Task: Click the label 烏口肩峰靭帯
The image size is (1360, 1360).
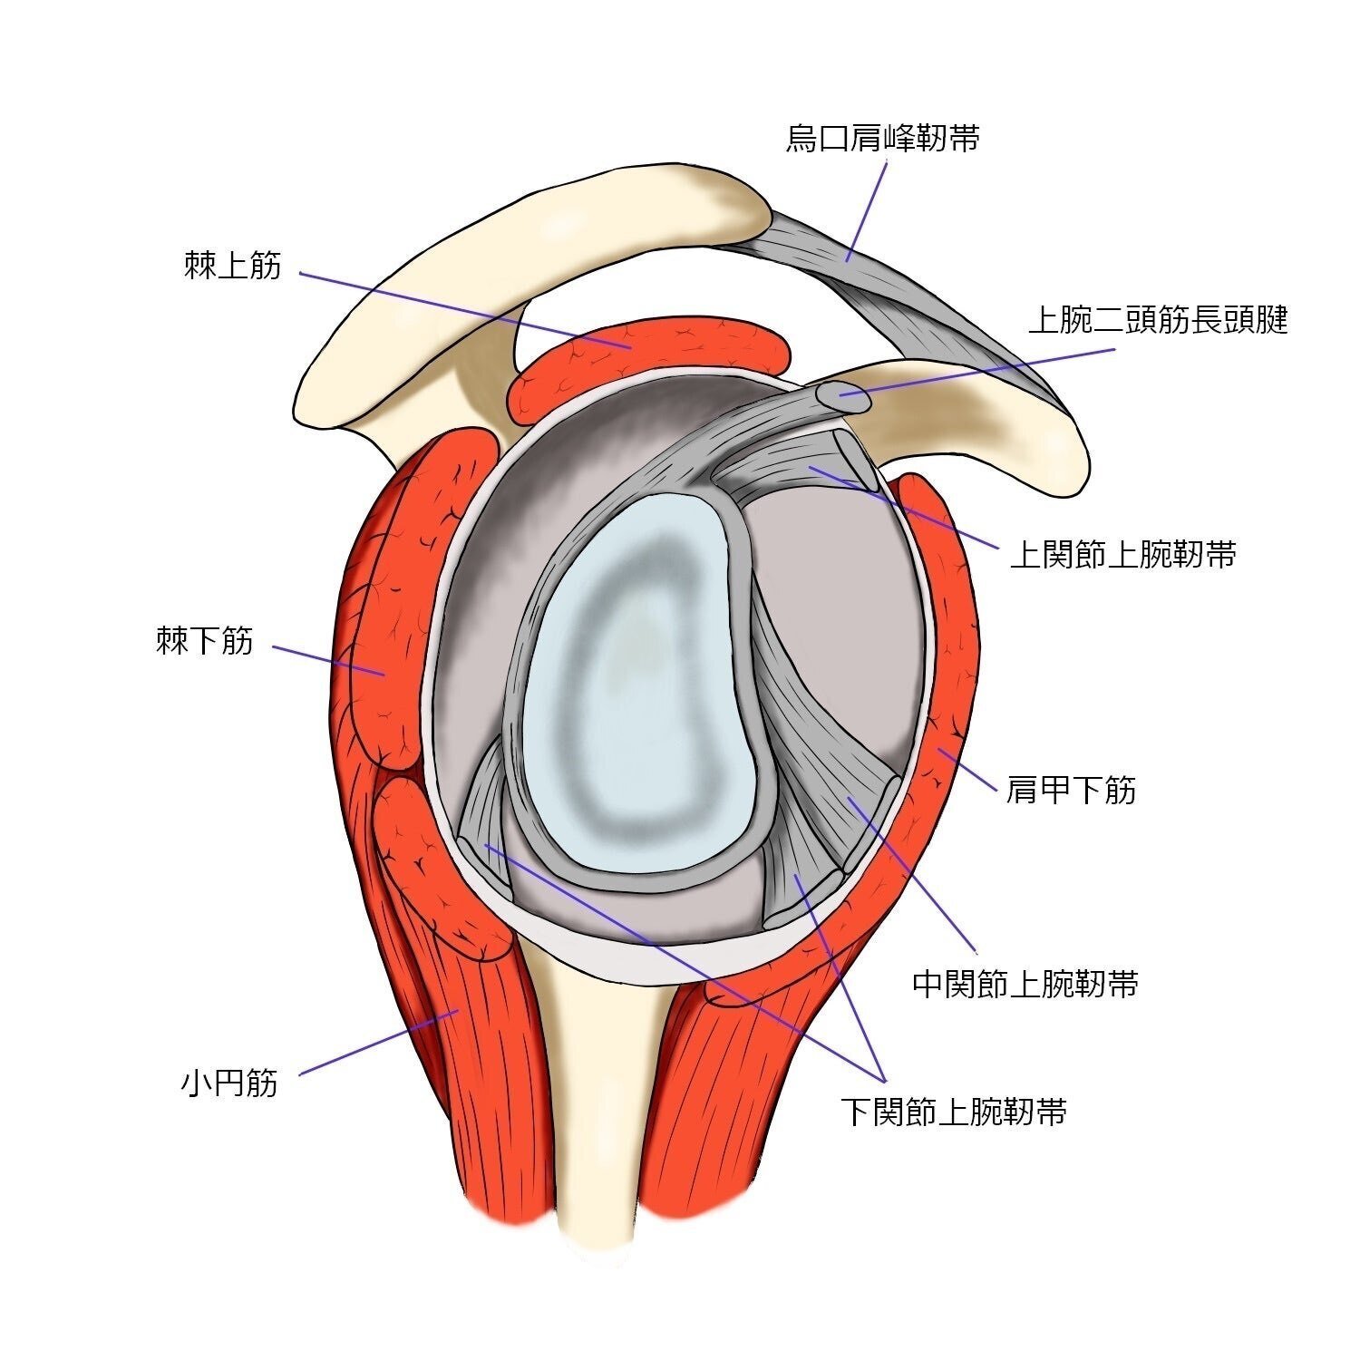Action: coord(882,139)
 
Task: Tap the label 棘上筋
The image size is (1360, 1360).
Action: coord(233,267)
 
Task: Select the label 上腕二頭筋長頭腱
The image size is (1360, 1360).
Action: coord(1158,319)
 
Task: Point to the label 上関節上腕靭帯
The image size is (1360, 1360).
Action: coord(1123,554)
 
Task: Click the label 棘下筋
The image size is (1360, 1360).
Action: coord(205,642)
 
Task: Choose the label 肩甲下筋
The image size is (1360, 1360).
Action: coord(1071,790)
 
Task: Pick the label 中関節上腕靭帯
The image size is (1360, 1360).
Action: coord(1025,984)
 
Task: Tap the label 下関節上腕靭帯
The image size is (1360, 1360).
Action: coord(954,1111)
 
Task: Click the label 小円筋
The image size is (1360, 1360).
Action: coord(229,1083)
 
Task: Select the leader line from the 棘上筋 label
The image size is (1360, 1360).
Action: coord(464,309)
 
